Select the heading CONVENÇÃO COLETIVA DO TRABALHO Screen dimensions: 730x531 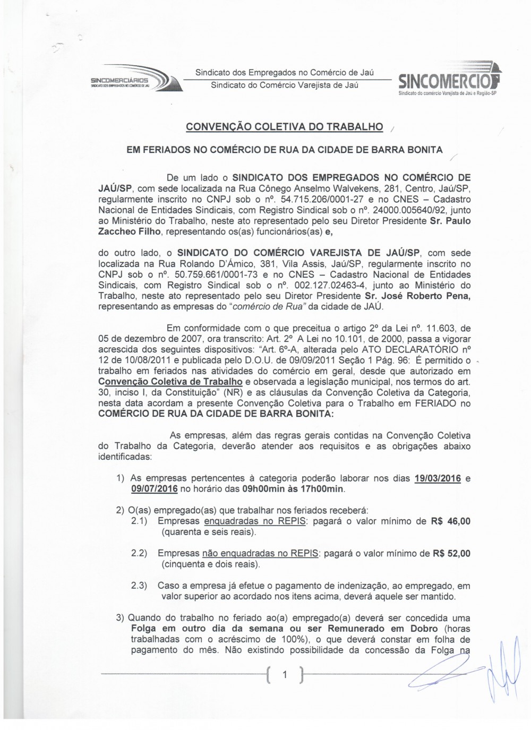pos(284,127)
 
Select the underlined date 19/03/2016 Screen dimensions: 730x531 pos(438,478)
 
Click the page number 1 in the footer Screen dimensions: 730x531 pos(285,675)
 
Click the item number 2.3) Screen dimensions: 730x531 pos(139,586)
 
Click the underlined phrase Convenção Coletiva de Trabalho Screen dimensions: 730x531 pos(170,382)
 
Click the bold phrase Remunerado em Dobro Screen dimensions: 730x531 pos(387,629)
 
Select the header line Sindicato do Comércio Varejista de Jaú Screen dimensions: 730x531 pos(285,85)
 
